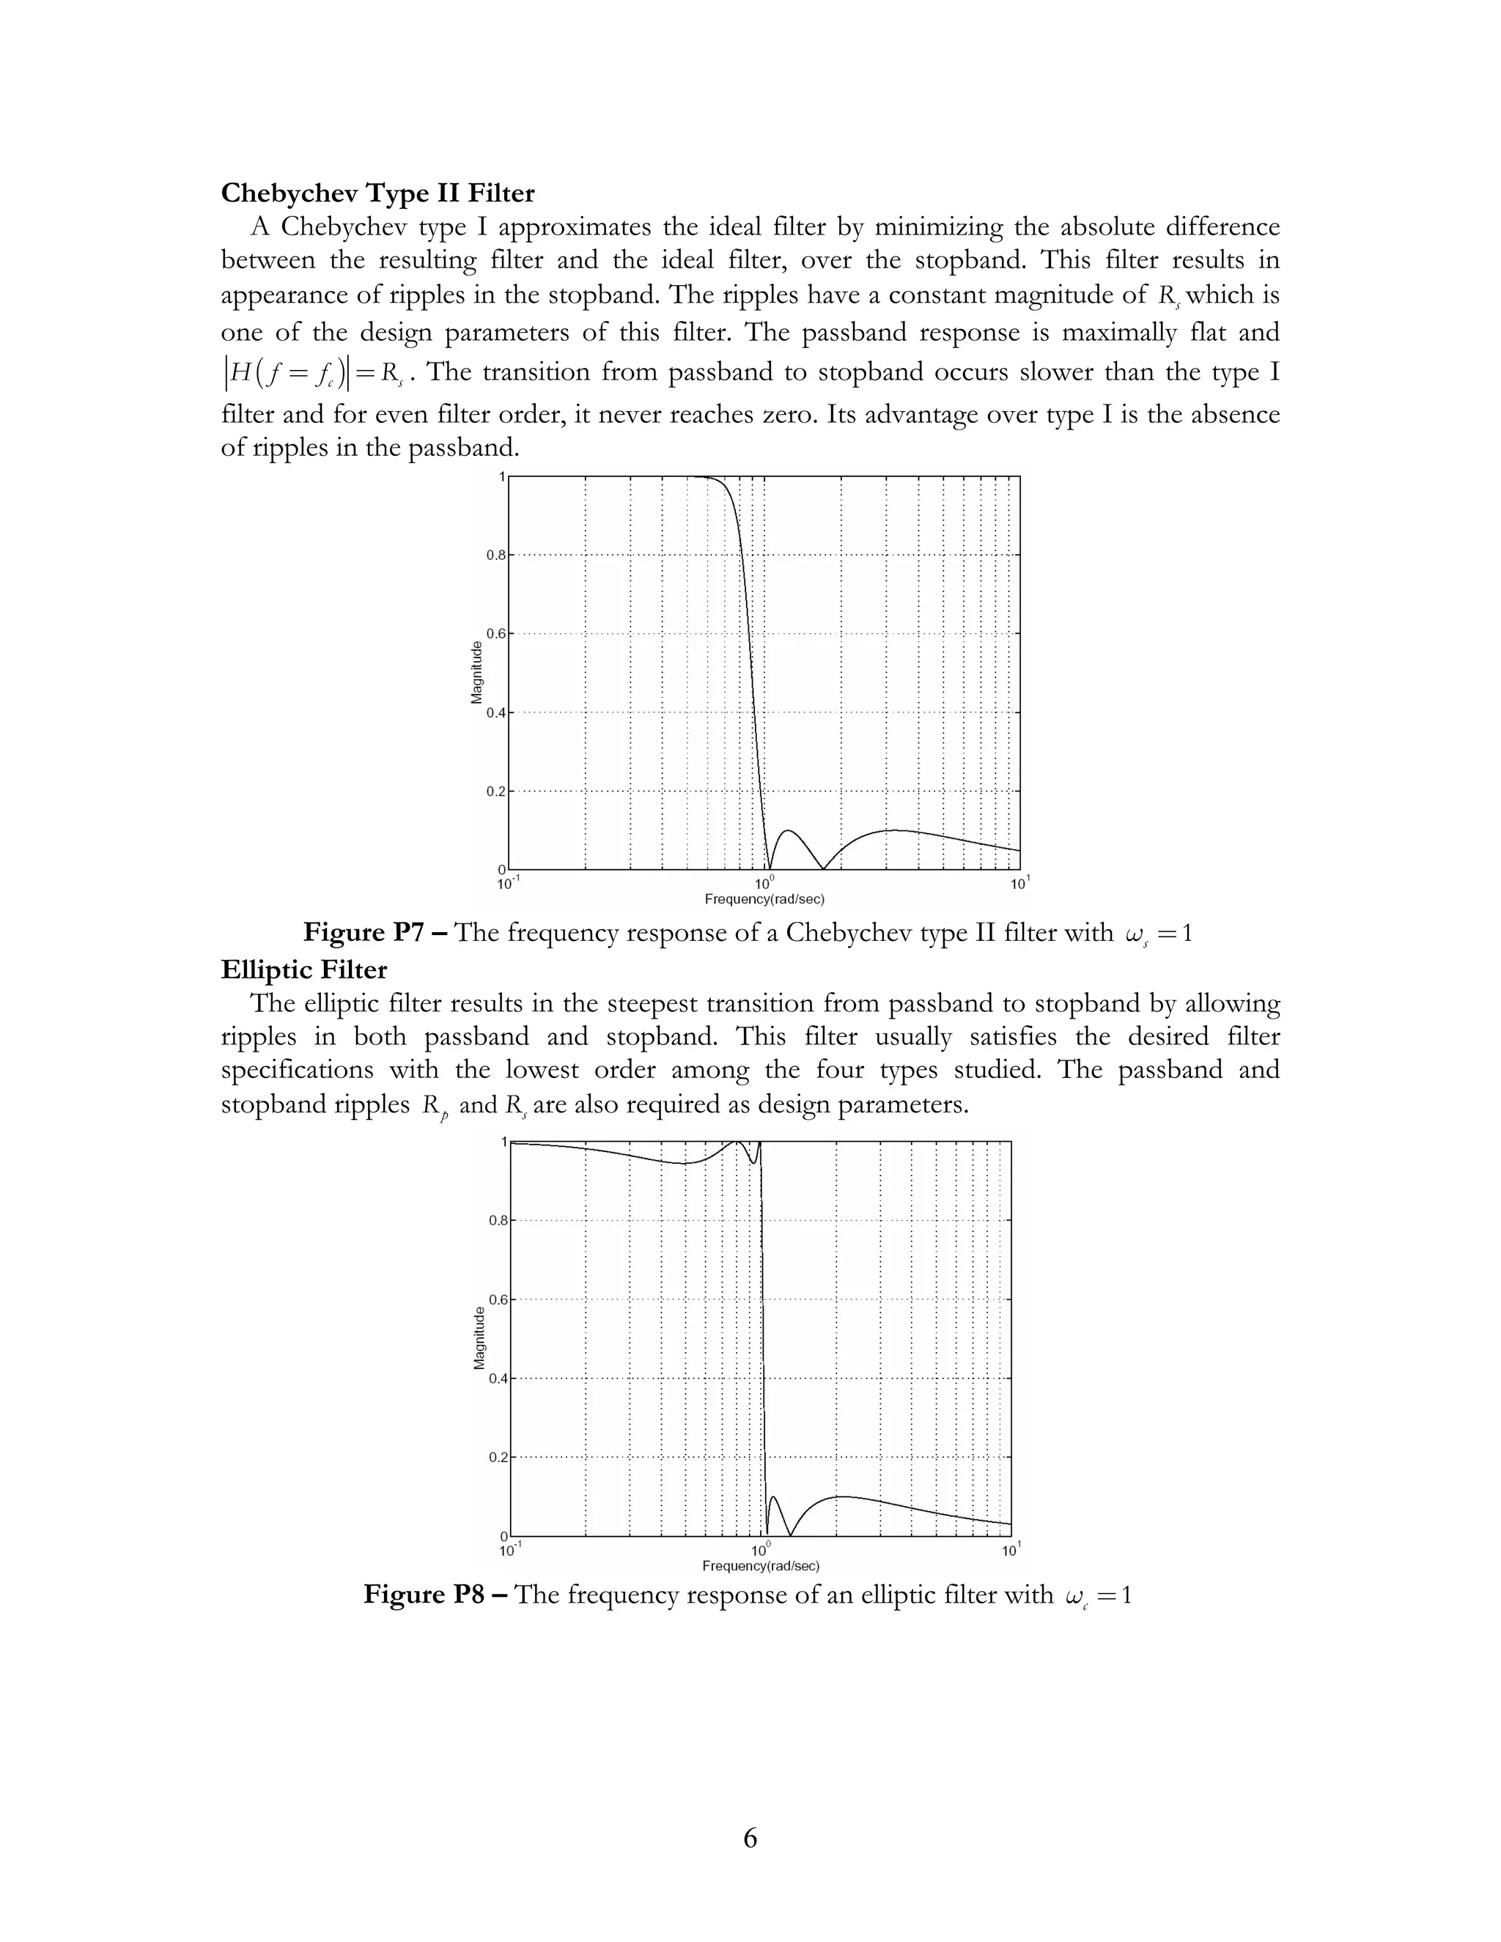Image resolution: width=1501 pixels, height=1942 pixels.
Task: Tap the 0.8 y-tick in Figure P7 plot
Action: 495,555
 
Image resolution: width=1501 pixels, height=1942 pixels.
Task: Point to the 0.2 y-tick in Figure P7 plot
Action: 495,791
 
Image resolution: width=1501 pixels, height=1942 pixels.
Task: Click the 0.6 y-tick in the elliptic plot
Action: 497,1300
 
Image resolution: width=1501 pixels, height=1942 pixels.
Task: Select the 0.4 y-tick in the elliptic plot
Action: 497,1379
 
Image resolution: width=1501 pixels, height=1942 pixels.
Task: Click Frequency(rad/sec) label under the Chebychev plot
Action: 764,899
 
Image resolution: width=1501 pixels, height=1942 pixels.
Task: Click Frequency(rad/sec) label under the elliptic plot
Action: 760,1566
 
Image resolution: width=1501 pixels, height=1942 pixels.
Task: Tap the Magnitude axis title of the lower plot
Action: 479,1338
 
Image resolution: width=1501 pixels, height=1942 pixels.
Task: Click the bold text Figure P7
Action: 375,933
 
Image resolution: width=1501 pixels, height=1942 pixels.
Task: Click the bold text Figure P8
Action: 436,1595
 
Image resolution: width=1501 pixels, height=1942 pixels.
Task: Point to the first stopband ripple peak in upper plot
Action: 788,832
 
